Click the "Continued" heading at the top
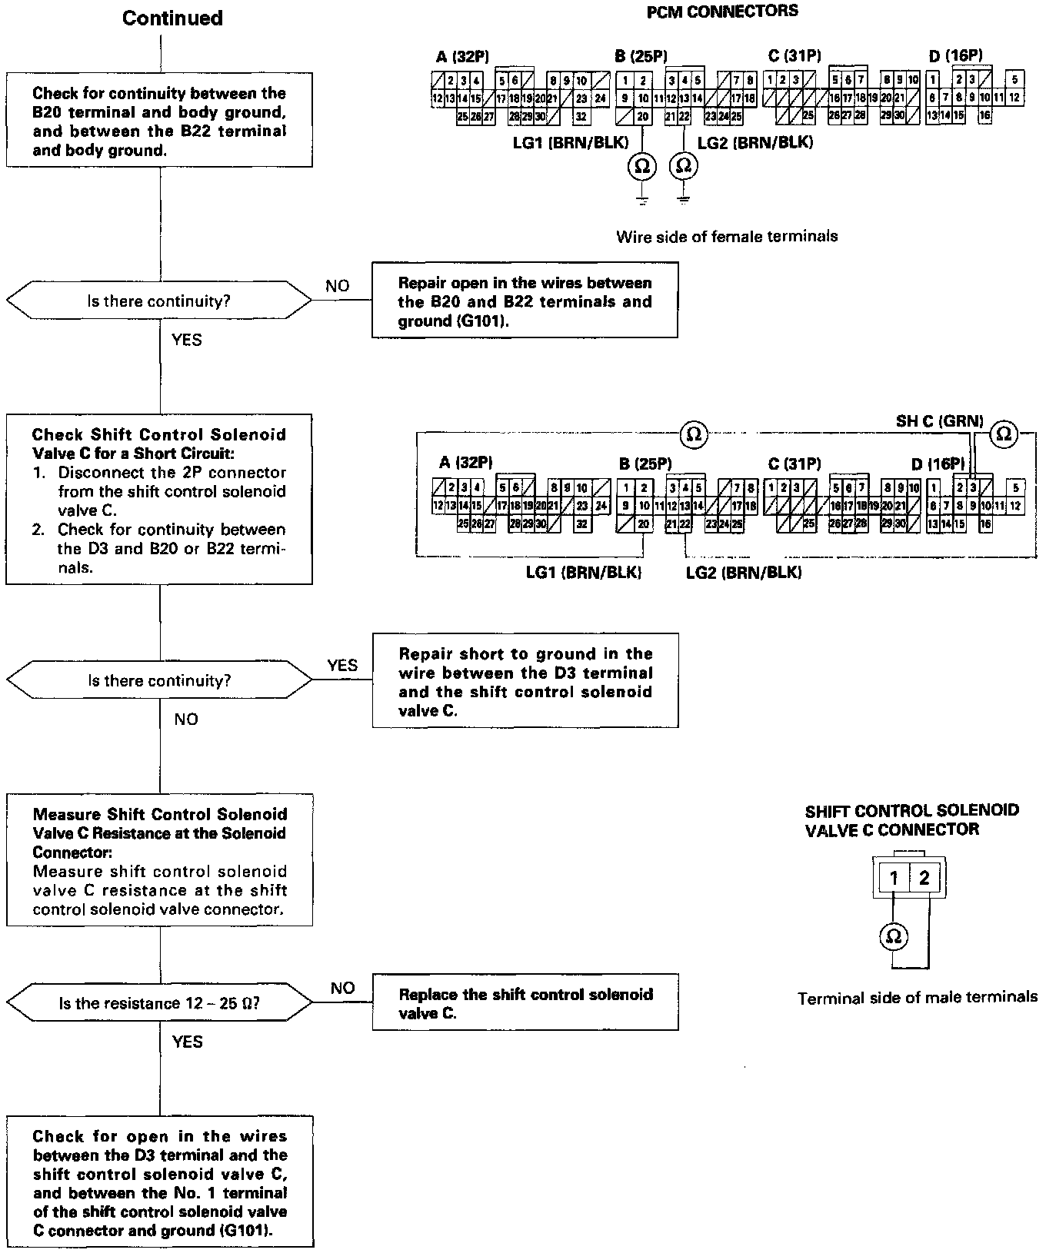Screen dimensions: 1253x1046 pyautogui.click(x=172, y=18)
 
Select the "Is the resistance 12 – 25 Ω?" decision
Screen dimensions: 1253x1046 pyautogui.click(x=159, y=1003)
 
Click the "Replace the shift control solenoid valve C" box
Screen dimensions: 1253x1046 pyautogui.click(x=525, y=1002)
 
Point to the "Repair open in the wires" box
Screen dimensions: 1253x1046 pyautogui.click(x=525, y=301)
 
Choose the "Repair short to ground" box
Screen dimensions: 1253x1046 pyautogui.click(x=525, y=681)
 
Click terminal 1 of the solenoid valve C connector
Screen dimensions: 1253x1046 pyautogui.click(x=894, y=878)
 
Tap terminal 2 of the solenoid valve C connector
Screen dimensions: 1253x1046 pyautogui.click(x=924, y=878)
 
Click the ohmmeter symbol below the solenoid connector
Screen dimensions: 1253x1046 pyautogui.click(x=894, y=936)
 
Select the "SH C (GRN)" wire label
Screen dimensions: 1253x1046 pyautogui.click(x=939, y=420)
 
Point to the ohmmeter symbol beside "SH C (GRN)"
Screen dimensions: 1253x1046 pyautogui.click(x=1003, y=434)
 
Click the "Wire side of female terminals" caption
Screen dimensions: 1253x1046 pyautogui.click(x=726, y=236)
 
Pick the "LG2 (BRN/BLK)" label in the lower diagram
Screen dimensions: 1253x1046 pyautogui.click(x=743, y=573)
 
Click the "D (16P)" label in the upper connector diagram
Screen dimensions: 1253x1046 pyautogui.click(x=954, y=55)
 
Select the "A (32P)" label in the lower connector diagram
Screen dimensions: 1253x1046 pyautogui.click(x=465, y=463)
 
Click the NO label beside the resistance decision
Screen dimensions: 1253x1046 pyautogui.click(x=342, y=988)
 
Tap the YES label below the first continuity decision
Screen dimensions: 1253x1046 pyautogui.click(x=187, y=339)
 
